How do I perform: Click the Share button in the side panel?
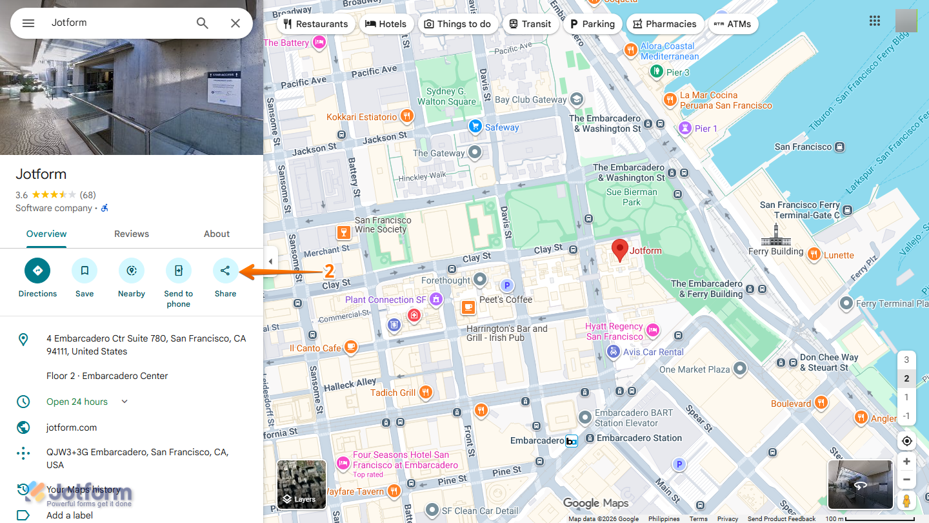[x=225, y=271]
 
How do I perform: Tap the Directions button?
[x=37, y=271]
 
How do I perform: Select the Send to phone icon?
[x=179, y=271]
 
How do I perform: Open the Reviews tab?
[x=132, y=234]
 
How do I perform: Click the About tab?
[x=217, y=234]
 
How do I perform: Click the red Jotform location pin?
[x=619, y=249]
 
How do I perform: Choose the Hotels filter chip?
[x=386, y=24]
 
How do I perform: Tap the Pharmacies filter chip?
[x=664, y=24]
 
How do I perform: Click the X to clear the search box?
[x=235, y=23]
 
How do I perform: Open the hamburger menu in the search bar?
[x=28, y=23]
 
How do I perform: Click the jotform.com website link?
[x=72, y=427]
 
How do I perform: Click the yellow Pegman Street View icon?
[x=906, y=500]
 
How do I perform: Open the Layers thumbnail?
[x=301, y=484]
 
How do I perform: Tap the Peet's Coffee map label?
[x=505, y=300]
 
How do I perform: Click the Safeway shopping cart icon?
[x=475, y=127]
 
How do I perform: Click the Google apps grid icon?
[x=875, y=21]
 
